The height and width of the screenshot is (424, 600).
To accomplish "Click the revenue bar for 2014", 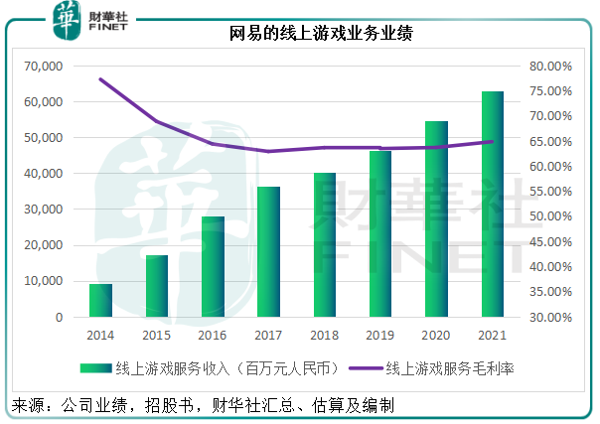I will click(x=100, y=300).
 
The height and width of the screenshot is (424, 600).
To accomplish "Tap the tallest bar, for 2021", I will click(x=492, y=205).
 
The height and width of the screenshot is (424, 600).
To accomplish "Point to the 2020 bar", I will click(x=436, y=219).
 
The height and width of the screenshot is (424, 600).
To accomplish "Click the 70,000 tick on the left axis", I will click(x=42, y=67).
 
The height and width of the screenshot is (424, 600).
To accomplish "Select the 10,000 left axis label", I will click(x=42, y=282).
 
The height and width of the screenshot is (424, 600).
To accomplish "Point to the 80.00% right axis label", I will click(x=550, y=67).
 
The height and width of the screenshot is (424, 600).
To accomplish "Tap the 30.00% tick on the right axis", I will click(x=550, y=318).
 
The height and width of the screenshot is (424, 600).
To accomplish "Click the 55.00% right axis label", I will click(x=550, y=193).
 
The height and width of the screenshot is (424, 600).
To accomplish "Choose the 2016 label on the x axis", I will click(x=213, y=337).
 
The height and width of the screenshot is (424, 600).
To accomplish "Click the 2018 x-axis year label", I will click(x=324, y=337).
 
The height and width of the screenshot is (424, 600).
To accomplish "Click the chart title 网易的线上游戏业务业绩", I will click(x=300, y=33).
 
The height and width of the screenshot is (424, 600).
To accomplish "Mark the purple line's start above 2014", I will click(x=100, y=79).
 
